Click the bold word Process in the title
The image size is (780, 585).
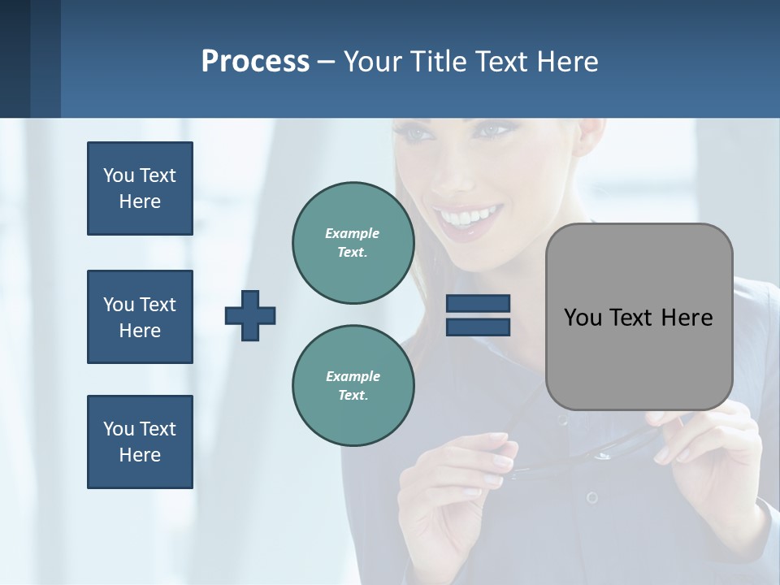[x=255, y=61]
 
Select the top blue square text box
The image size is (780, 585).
[x=140, y=188]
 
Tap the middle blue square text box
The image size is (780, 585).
[x=140, y=317]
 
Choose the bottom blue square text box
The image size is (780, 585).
[x=140, y=442]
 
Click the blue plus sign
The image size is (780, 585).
[x=250, y=315]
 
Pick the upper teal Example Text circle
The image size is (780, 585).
[x=353, y=242]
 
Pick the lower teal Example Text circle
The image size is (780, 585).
[x=353, y=385]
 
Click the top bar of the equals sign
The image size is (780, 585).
[x=478, y=304]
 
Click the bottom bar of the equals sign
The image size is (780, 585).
[x=478, y=327]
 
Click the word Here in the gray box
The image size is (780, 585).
[x=687, y=318]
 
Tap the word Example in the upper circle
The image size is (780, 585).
[x=353, y=233]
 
